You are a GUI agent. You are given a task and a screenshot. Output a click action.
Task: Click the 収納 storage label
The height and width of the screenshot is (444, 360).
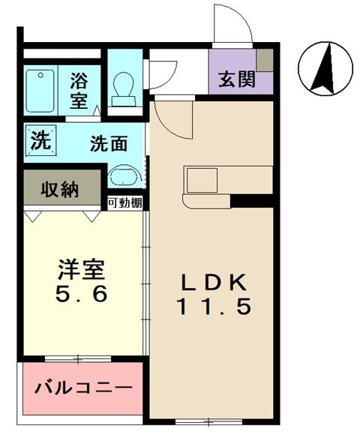tap(60, 189)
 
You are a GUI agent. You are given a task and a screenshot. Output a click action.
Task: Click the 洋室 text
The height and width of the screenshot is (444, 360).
tap(82, 268)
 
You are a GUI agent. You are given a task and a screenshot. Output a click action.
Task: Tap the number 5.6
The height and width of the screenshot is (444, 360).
tap(82, 293)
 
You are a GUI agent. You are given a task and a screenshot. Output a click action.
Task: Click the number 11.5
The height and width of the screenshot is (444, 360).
tap(212, 307)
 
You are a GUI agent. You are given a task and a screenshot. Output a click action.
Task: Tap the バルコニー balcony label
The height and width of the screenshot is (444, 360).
tap(83, 388)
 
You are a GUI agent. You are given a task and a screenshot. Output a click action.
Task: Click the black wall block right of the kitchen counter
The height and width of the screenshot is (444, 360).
tap(251, 201)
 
